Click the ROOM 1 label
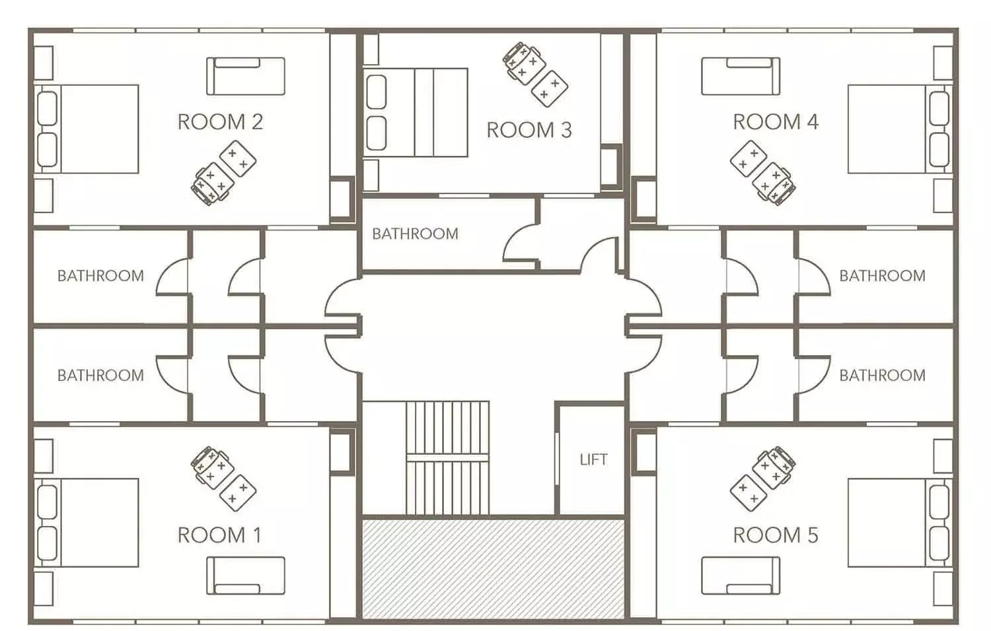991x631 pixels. (219, 535)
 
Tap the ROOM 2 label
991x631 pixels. (220, 122)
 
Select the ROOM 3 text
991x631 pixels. (529, 130)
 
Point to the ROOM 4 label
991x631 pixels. (776, 122)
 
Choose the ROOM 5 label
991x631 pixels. (776, 535)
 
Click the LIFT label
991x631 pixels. (593, 460)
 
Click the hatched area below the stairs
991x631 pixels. (493, 568)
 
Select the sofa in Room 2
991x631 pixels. (246, 76)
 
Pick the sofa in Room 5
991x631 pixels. (740, 576)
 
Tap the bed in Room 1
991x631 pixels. (87, 522)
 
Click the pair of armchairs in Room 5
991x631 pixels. (762, 479)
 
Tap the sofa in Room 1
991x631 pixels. (246, 576)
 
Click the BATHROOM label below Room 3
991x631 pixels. (415, 234)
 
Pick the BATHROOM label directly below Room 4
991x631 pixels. (882, 276)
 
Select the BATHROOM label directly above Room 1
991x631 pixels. (100, 376)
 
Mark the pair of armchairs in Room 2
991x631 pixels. (223, 174)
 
